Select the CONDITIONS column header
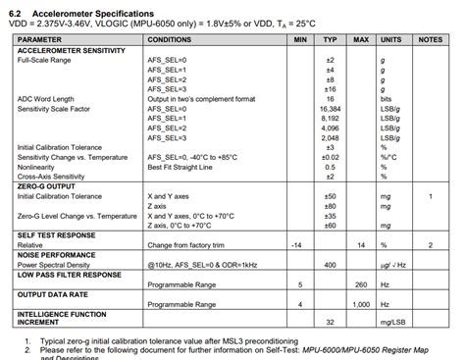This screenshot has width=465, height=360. point(171,39)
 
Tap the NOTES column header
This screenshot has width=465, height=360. point(430,39)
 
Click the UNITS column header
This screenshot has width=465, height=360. point(390,39)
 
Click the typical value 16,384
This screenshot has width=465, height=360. point(331,109)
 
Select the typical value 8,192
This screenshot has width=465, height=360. point(331,119)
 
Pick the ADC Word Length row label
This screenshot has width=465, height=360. point(45,99)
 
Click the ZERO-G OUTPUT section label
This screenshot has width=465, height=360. point(46,186)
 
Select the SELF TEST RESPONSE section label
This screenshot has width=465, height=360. point(58,234)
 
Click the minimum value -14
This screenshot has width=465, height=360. point(296,244)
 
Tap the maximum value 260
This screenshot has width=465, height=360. point(360,283)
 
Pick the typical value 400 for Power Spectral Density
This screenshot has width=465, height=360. point(331,264)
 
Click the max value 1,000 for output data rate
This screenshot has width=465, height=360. point(360,304)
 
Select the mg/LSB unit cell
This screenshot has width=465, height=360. point(390,322)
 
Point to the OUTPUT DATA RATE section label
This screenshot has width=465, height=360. point(54,293)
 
